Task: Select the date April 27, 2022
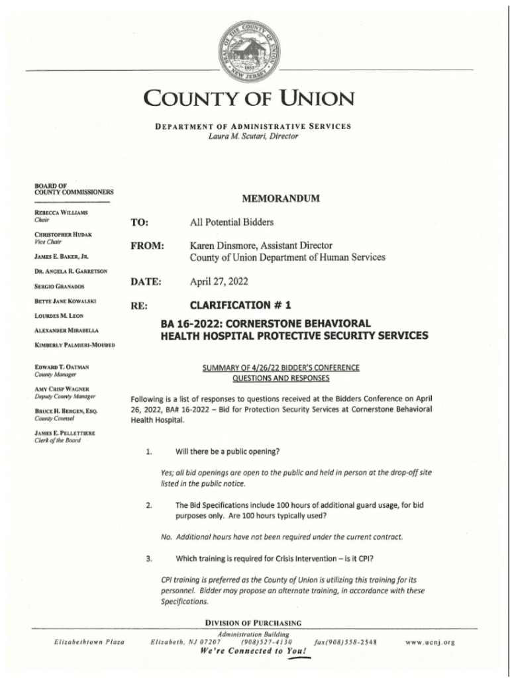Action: (x=219, y=281)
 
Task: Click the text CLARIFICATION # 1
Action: (x=240, y=305)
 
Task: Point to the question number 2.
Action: (x=150, y=505)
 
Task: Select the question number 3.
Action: (x=150, y=558)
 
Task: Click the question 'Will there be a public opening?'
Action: (x=227, y=452)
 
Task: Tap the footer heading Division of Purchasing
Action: (x=253, y=623)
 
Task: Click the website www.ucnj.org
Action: (x=430, y=642)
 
